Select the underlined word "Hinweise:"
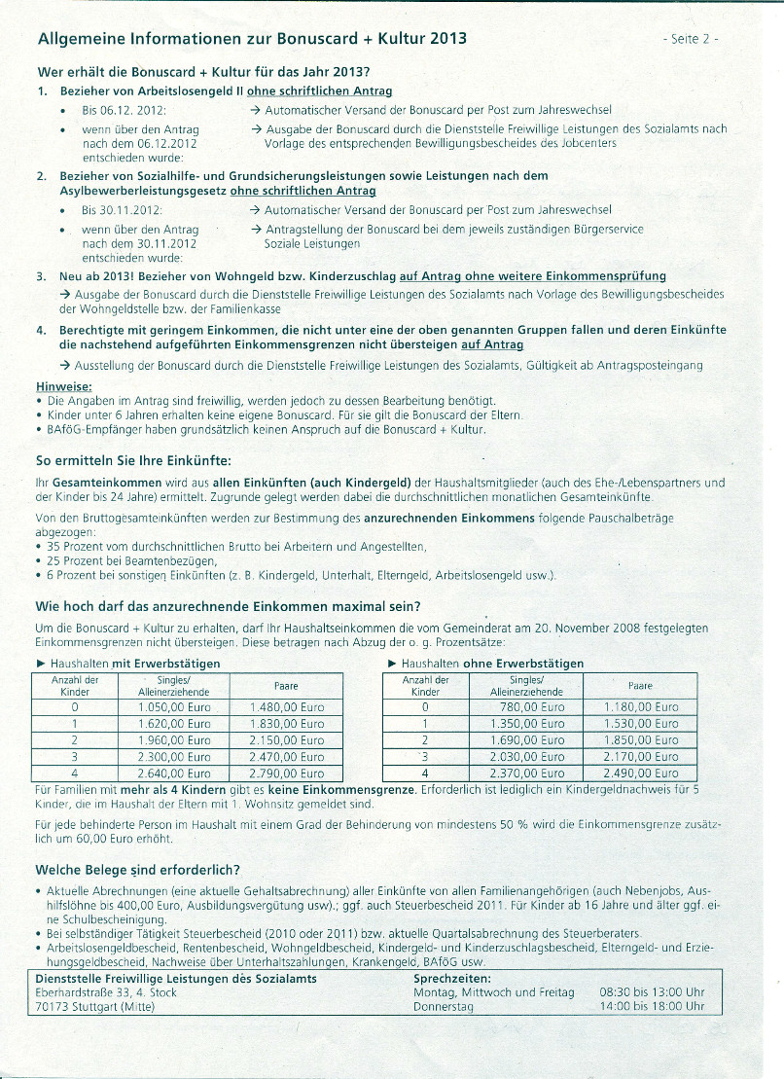(x=63, y=385)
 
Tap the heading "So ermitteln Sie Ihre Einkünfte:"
(x=133, y=459)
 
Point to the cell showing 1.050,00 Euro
(x=175, y=707)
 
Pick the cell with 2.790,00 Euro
(x=287, y=773)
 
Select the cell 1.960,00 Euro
(x=175, y=740)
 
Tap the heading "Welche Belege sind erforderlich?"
(x=137, y=869)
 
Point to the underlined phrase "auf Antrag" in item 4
(x=492, y=344)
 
